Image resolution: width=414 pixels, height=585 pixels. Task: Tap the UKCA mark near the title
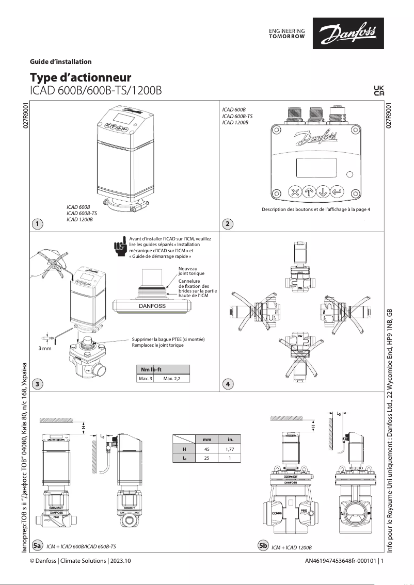tap(378, 90)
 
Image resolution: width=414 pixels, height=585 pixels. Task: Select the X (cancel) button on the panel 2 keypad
tap(295, 192)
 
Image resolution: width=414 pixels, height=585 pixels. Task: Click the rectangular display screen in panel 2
tap(316, 168)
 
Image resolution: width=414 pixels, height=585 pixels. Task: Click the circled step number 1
tap(37, 223)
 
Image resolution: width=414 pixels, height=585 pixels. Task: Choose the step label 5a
tap(37, 545)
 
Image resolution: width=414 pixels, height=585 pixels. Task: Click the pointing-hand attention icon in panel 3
tap(120, 246)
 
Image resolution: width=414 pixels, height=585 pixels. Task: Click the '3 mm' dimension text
tap(46, 349)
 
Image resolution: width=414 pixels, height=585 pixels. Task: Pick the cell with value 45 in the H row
tap(206, 449)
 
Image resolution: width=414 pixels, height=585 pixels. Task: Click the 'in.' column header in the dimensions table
tap(230, 440)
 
